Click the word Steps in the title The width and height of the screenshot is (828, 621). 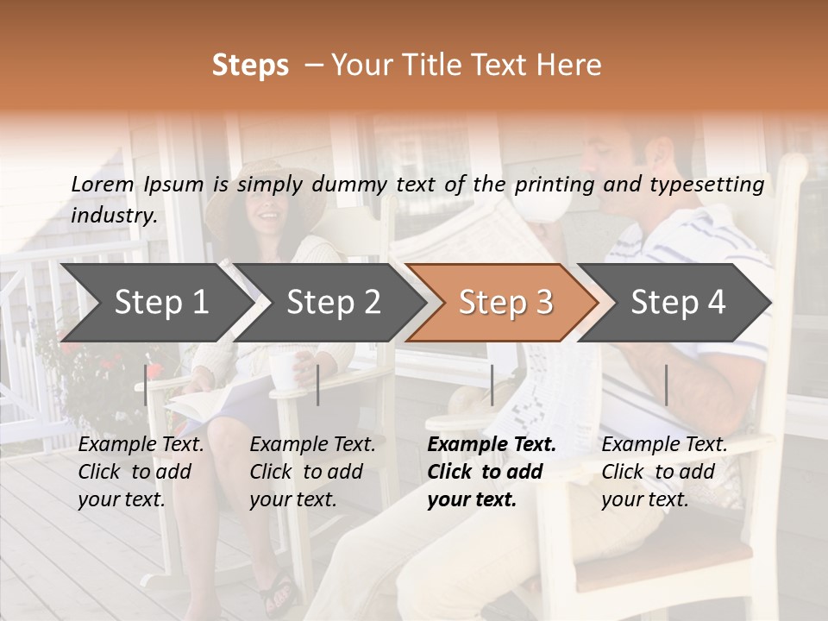click(x=250, y=66)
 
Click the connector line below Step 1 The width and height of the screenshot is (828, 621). click(x=146, y=385)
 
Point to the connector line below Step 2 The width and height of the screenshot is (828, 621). click(x=318, y=385)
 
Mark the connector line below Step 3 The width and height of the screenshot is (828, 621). click(x=492, y=385)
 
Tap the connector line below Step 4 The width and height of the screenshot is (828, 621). click(x=666, y=385)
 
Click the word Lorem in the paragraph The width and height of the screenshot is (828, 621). click(x=103, y=184)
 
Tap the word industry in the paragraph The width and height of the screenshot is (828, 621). click(x=113, y=215)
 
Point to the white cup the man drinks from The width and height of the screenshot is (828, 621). click(x=551, y=206)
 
